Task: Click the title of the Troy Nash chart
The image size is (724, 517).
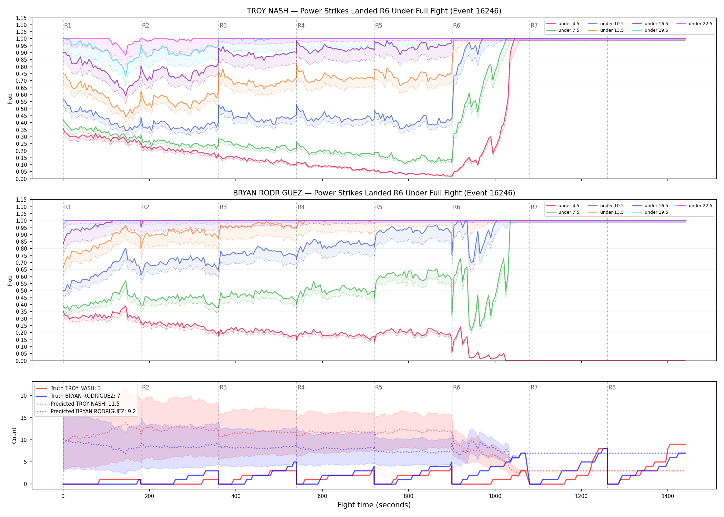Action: tap(374, 11)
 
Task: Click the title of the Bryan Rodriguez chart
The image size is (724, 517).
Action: tap(374, 193)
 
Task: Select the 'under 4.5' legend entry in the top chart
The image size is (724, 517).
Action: tap(563, 24)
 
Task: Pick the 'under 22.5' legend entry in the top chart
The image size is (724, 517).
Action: tap(694, 24)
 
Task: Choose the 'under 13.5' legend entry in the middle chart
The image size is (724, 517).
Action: tap(606, 212)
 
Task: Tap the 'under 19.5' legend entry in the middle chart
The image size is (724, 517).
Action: tap(651, 212)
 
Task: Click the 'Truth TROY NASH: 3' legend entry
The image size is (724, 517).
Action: tap(69, 388)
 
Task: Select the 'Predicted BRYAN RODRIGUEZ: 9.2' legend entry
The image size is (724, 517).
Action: tap(86, 412)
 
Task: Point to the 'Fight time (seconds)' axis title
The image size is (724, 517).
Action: tap(374, 505)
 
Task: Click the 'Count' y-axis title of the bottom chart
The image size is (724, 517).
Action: tap(14, 435)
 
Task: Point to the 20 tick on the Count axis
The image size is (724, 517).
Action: tap(24, 396)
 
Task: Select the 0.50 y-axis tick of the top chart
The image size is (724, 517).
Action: tap(21, 109)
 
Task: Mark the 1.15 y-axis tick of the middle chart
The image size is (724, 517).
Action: tap(21, 200)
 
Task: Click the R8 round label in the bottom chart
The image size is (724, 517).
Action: tap(612, 387)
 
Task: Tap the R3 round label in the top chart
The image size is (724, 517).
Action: tap(223, 26)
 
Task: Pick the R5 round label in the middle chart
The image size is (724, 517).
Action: tap(379, 207)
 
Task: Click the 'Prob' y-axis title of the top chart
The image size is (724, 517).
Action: tap(10, 99)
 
